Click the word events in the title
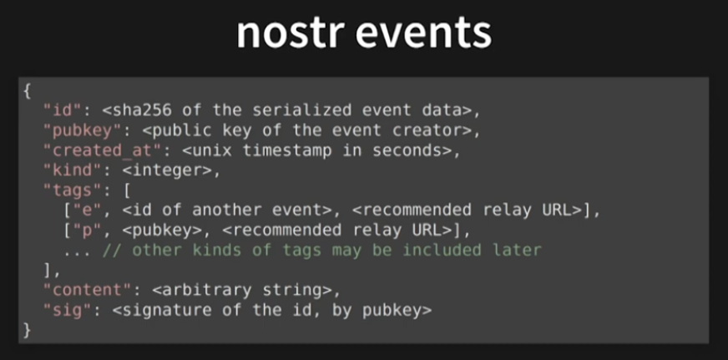pos(427,34)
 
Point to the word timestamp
pos(277,149)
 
